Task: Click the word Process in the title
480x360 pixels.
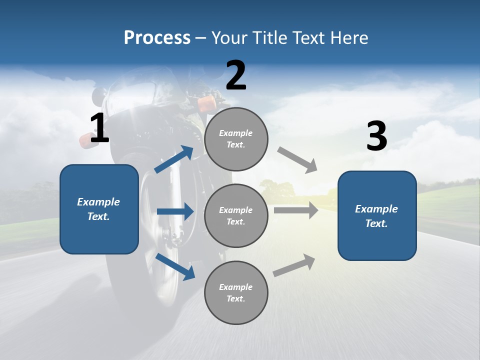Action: pyautogui.click(x=157, y=38)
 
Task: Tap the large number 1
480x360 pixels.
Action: pyautogui.click(x=99, y=128)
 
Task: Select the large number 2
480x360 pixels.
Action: pyautogui.click(x=236, y=75)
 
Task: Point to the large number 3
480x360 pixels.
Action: pyautogui.click(x=376, y=136)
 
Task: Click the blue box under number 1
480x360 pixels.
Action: pyautogui.click(x=99, y=209)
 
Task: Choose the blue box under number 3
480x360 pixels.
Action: pyautogui.click(x=377, y=215)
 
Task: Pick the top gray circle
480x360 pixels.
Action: pyautogui.click(x=236, y=139)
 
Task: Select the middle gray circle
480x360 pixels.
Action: pyautogui.click(x=236, y=215)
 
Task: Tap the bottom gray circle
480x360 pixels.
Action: pyautogui.click(x=236, y=292)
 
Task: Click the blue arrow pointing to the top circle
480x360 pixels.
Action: pyautogui.click(x=174, y=159)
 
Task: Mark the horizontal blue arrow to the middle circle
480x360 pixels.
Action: pyautogui.click(x=175, y=212)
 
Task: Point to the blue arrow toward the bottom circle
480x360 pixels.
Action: pyautogui.click(x=175, y=266)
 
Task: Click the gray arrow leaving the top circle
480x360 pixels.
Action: pyautogui.click(x=297, y=160)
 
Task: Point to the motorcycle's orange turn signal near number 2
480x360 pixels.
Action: pyautogui.click(x=206, y=103)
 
